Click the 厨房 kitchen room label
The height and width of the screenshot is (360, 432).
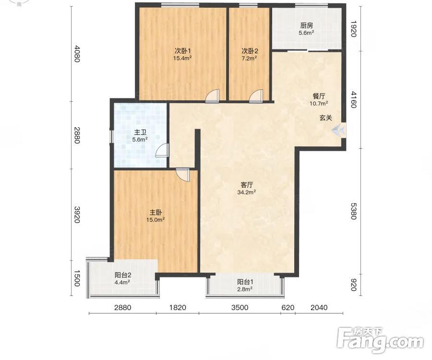tap(306, 26)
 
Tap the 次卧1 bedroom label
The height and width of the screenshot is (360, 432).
tap(183, 51)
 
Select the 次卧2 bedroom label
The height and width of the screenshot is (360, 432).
tap(250, 51)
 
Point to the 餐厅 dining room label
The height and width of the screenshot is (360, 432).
tap(319, 96)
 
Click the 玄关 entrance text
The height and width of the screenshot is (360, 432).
tap(325, 118)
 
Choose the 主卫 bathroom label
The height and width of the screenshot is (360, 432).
tap(140, 132)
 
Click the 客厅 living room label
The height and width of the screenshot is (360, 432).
tap(247, 185)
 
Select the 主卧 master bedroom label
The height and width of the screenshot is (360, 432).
tap(156, 213)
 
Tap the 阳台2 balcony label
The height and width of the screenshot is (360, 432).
tap(123, 275)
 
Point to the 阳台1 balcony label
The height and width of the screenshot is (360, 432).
tap(245, 282)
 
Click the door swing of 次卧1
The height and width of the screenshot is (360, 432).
tap(213, 96)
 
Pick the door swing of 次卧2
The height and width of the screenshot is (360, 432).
tap(256, 96)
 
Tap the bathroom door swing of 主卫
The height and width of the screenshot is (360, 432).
tap(162, 150)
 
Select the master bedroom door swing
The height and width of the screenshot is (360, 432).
tap(183, 175)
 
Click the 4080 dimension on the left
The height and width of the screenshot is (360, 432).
tap(77, 54)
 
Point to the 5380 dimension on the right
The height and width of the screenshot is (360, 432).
tap(353, 211)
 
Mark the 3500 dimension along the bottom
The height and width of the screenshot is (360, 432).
tap(240, 307)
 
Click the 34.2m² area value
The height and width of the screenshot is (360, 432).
tap(247, 192)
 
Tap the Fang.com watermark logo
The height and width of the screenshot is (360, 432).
tap(381, 340)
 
